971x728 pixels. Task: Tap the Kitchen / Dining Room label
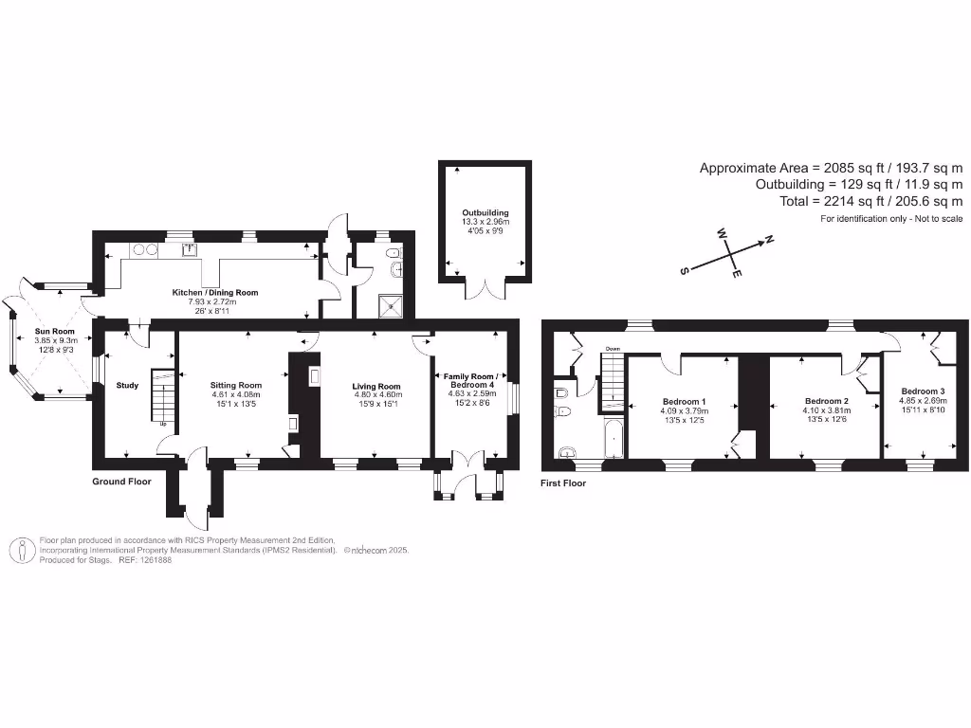[214, 293]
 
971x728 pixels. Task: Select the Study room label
[127, 386]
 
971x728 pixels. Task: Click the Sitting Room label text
[235, 386]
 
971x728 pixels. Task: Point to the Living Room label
[376, 387]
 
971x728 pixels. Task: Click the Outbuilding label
[485, 213]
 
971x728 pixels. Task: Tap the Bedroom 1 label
[684, 400]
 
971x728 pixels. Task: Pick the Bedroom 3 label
[923, 391]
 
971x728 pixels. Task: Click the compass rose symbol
[727, 256]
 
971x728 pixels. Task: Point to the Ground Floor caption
[121, 482]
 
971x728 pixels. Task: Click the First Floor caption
[563, 483]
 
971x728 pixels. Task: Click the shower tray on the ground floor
[390, 305]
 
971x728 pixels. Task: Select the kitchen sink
[190, 250]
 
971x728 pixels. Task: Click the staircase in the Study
[162, 398]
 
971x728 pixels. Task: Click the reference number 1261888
[153, 560]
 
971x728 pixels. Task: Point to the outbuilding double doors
[485, 287]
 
